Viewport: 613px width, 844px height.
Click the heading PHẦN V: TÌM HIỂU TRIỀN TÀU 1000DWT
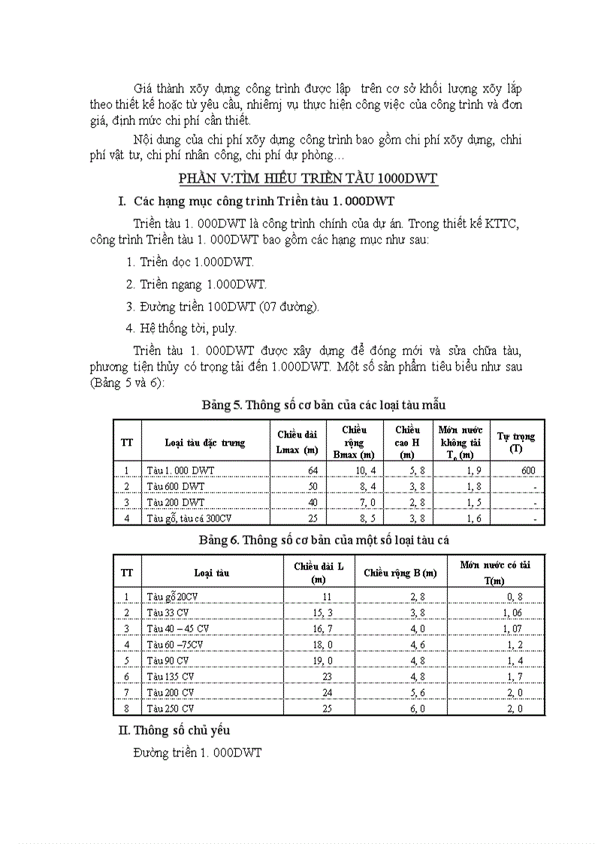click(308, 178)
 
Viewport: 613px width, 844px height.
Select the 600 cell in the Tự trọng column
click(527, 470)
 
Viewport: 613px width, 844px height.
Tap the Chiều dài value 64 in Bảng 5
click(313, 470)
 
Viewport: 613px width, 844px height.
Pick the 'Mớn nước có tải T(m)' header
click(495, 572)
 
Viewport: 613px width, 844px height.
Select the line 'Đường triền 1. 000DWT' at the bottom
click(197, 752)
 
